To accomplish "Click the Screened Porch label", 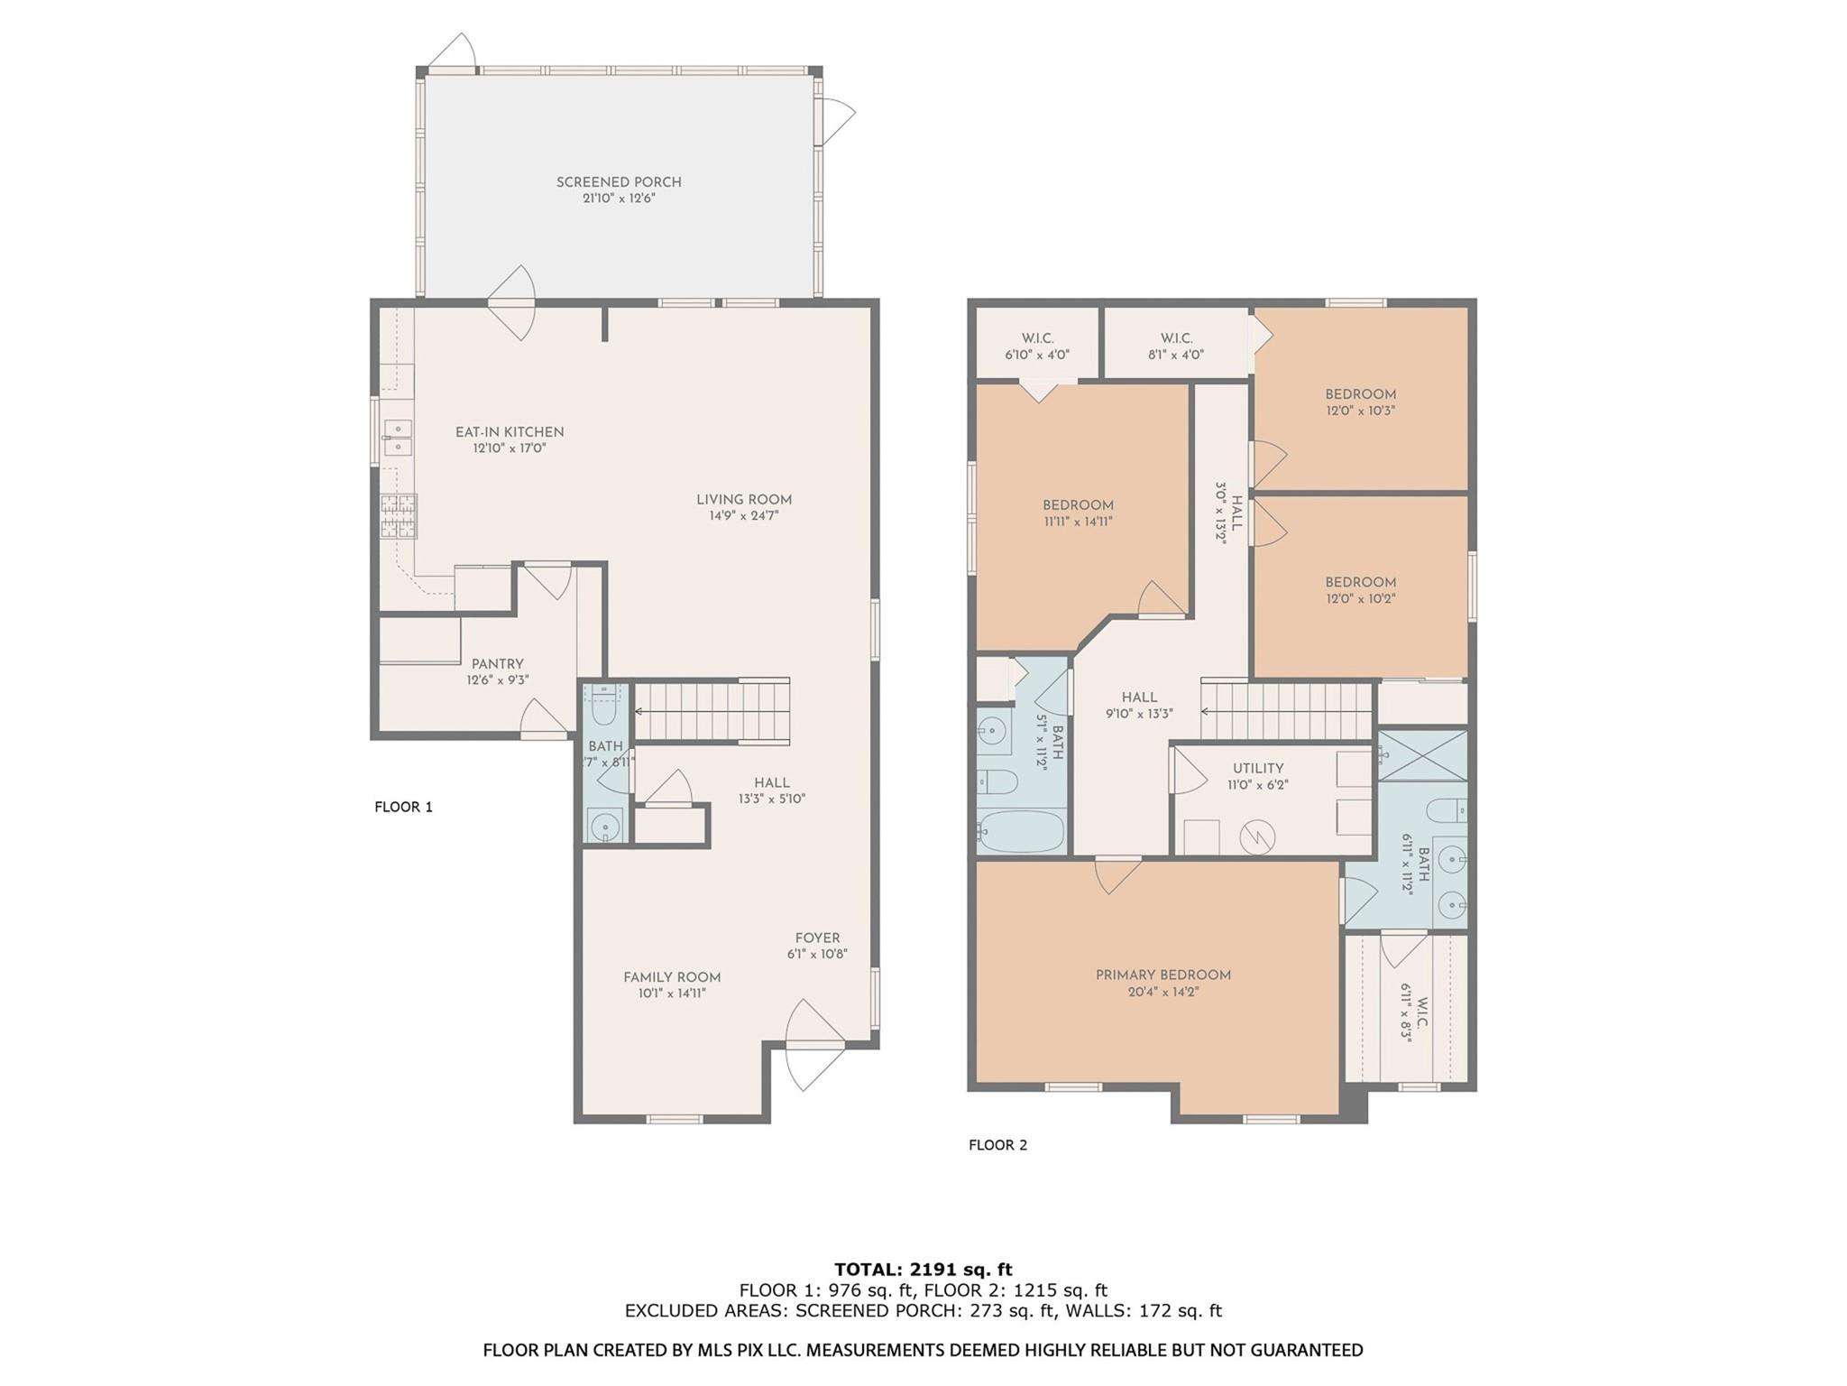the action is pyautogui.click(x=619, y=182).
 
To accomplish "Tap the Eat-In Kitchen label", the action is pyautogui.click(x=510, y=432).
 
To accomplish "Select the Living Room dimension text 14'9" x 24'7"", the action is pyautogui.click(x=744, y=516).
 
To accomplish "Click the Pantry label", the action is pyautogui.click(x=497, y=664).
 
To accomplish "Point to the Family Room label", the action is pyautogui.click(x=672, y=977).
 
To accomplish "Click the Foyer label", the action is pyautogui.click(x=817, y=938).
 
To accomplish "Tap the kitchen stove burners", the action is pyautogui.click(x=398, y=517).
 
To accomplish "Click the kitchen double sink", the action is pyautogui.click(x=397, y=438).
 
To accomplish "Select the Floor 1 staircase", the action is pyautogui.click(x=712, y=711).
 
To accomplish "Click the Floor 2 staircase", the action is pyautogui.click(x=1287, y=711).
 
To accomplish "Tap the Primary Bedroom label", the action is pyautogui.click(x=1163, y=975).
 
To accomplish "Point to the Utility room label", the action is pyautogui.click(x=1258, y=769).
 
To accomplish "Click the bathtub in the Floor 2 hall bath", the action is pyautogui.click(x=1022, y=831).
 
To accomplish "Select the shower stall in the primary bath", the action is pyautogui.click(x=1422, y=756).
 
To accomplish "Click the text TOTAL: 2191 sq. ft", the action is pyautogui.click(x=923, y=1270).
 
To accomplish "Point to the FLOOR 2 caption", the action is pyautogui.click(x=997, y=1145).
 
